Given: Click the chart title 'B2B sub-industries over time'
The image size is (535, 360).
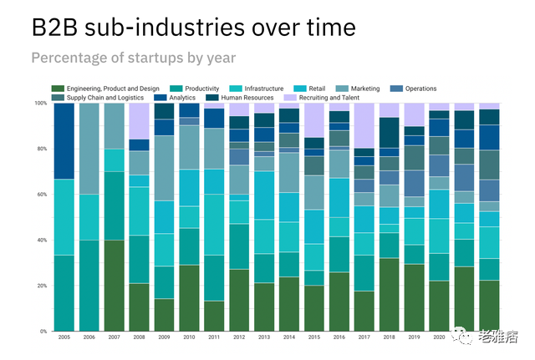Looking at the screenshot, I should click(193, 28).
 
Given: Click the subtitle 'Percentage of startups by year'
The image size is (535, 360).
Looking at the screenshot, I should click(133, 58).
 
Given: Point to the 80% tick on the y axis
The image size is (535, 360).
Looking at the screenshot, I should click(41, 150).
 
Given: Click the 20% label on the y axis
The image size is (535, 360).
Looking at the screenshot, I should click(41, 286).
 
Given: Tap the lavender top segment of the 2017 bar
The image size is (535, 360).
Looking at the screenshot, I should click(364, 125).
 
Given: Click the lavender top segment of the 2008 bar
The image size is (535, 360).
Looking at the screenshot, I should click(139, 120).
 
